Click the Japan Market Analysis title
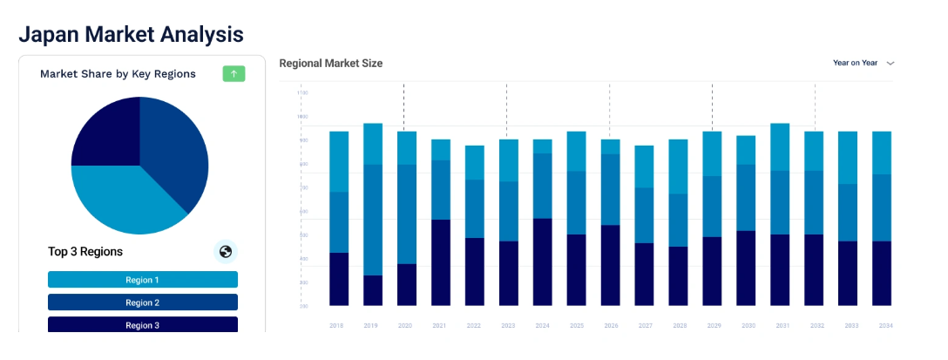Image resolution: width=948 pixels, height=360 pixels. (131, 34)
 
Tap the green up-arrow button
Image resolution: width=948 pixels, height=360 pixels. (234, 74)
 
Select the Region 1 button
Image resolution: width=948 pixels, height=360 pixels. (143, 280)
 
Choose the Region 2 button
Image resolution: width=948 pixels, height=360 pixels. (143, 302)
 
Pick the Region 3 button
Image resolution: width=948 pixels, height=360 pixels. (143, 324)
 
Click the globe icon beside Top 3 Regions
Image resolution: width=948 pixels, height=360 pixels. (226, 252)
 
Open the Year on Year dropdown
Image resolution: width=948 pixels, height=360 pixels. (863, 63)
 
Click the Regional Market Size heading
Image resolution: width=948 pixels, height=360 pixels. (330, 64)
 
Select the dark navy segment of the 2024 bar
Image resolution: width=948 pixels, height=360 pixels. (542, 262)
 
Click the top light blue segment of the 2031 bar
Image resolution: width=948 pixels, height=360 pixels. (780, 146)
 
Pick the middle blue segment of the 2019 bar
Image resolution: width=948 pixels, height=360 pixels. (373, 220)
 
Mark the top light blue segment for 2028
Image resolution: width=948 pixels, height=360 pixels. (678, 166)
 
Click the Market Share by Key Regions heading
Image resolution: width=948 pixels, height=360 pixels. (118, 74)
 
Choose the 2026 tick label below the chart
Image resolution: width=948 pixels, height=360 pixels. (610, 325)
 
